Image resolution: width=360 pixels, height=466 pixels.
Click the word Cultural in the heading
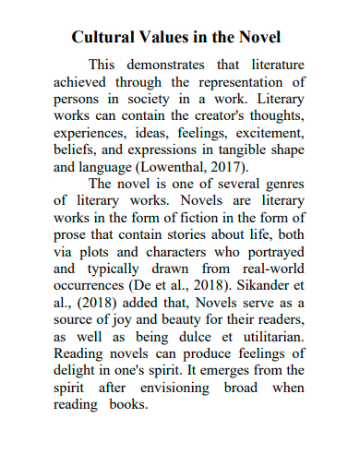(104, 38)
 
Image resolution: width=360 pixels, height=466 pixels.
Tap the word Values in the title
(170, 38)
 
